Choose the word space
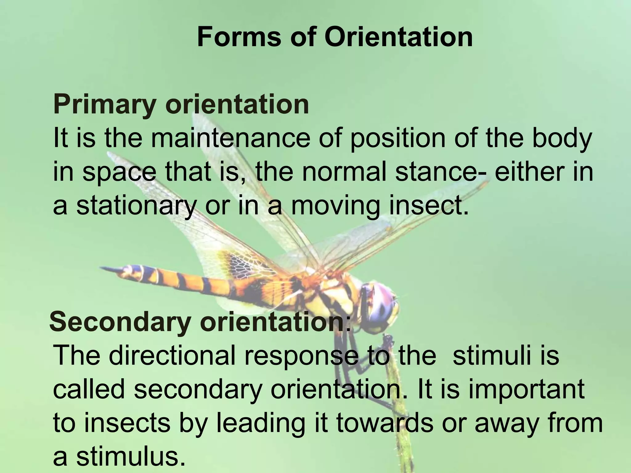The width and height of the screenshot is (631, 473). tap(120, 173)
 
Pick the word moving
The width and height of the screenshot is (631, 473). tap(336, 206)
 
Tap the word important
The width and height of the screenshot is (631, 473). tap(527, 390)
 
